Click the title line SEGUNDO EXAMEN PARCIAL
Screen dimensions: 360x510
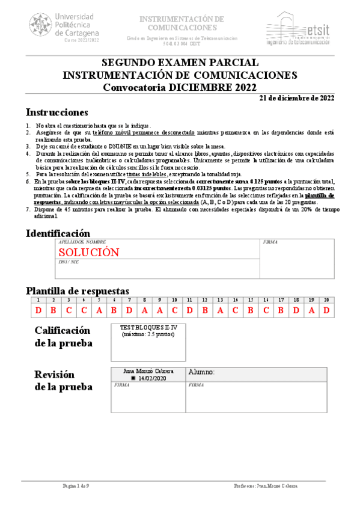coord(180,63)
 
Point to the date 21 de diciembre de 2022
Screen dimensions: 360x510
coord(297,98)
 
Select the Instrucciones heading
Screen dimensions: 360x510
coord(56,112)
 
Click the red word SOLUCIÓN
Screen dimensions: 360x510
coord(88,252)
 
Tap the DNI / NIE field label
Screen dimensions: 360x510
coord(69,262)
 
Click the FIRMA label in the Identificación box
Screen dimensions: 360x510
coord(270,242)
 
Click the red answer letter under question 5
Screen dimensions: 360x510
coord(99,310)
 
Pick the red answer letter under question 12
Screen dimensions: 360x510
coord(205,310)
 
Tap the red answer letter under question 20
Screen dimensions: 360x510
coord(326,310)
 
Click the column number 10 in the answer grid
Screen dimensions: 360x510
coord(174,300)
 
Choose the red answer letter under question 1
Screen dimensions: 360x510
coord(38,310)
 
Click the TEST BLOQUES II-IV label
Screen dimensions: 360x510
coord(145,327)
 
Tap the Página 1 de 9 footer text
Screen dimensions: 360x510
coord(76,485)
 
